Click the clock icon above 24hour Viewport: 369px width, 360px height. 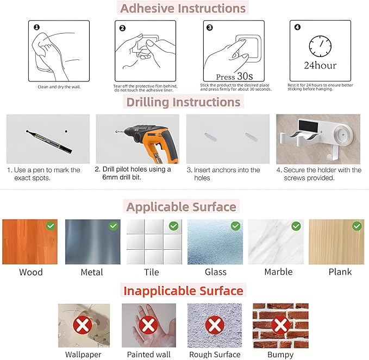320,46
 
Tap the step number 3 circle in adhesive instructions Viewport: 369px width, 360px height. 209,28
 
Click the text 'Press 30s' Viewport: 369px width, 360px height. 234,76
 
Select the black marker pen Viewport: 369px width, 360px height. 49,142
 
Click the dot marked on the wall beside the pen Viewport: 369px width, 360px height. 66,131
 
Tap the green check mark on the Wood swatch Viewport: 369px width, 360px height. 51,226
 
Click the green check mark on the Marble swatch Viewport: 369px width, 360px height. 296,226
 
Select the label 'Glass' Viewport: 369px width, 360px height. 216,272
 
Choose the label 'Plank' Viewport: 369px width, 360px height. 340,272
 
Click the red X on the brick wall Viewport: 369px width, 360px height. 280,325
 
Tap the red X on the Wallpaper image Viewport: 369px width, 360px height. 83,325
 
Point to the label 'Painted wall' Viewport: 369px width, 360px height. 149,355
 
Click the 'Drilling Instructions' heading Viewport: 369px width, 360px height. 183,102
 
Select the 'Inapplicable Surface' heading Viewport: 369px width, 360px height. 183,290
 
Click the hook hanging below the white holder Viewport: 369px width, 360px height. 332,154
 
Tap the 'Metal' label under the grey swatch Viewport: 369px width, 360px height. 92,272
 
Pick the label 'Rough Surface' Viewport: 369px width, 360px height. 215,355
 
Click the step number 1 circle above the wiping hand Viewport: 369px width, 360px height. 37,28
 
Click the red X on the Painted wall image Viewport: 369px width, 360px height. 148,325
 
